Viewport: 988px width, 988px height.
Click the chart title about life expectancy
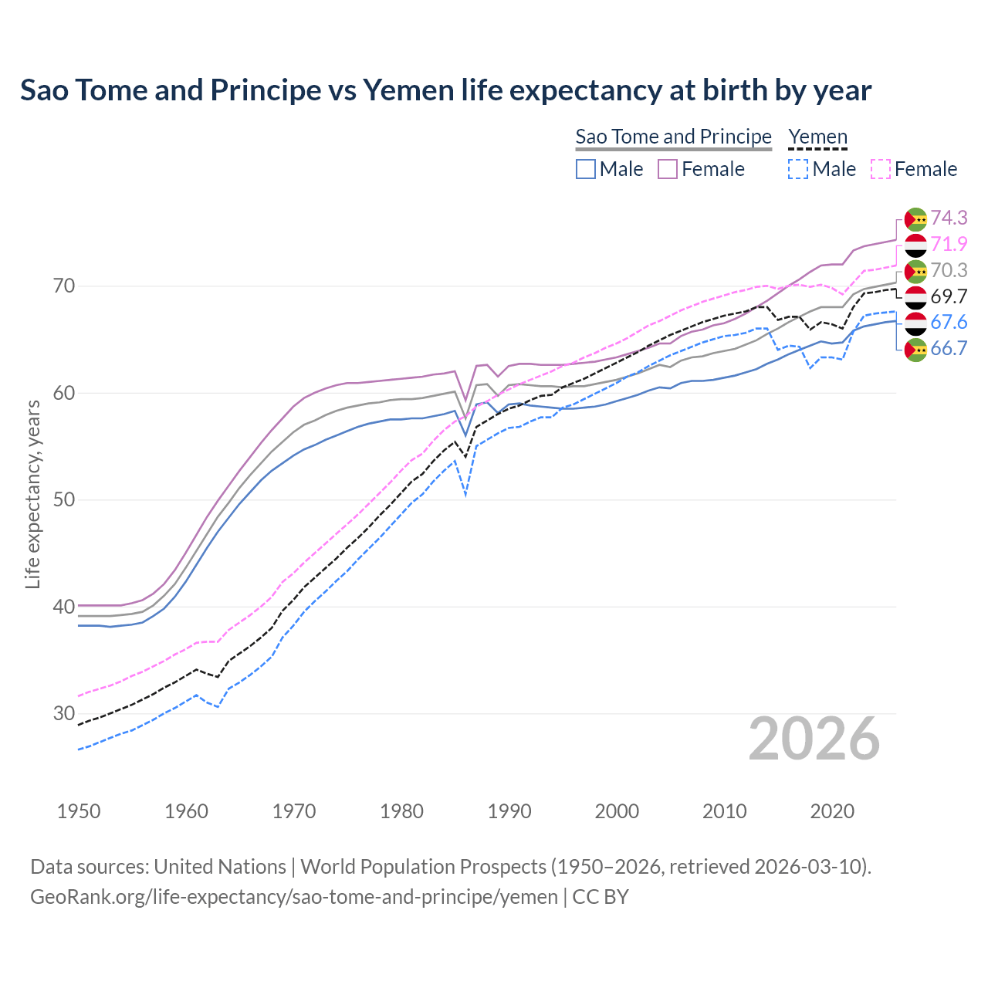[x=445, y=90]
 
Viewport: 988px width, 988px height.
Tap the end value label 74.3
[x=949, y=218]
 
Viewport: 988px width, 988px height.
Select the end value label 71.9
[x=949, y=245]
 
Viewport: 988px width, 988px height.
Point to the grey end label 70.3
[x=949, y=270]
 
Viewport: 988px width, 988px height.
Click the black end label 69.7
[x=949, y=296]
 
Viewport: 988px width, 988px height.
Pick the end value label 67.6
[x=949, y=323]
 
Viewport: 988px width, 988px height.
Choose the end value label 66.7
[x=949, y=348]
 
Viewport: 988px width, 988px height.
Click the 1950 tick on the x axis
[x=79, y=811]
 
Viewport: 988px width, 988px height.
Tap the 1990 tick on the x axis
[x=509, y=811]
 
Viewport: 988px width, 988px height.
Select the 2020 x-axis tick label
[x=832, y=811]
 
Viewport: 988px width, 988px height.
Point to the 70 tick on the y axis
[x=64, y=286]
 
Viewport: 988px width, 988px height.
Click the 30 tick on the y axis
[x=64, y=713]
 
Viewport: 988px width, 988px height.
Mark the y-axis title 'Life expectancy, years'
[x=32, y=494]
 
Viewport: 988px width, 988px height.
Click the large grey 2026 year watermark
[x=814, y=739]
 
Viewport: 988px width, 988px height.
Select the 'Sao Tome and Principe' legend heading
[x=673, y=137]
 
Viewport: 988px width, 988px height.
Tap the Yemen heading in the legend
[x=817, y=137]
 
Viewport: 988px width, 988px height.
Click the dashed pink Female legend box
[x=881, y=169]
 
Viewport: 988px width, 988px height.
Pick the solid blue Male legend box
[x=586, y=169]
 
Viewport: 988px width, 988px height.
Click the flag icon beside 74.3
[x=915, y=219]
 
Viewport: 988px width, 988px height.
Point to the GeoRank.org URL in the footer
[x=293, y=897]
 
